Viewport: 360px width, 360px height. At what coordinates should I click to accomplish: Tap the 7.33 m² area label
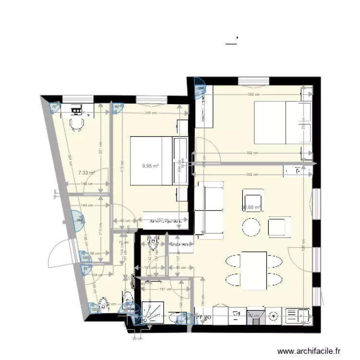(86, 172)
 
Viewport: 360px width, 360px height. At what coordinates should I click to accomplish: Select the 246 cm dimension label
(151, 113)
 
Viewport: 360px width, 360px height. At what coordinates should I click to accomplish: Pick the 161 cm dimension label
(166, 289)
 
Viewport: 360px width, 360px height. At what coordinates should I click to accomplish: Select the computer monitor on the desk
(76, 110)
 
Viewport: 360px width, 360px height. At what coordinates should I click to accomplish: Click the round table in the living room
(251, 227)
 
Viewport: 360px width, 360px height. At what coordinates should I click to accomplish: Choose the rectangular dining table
(254, 270)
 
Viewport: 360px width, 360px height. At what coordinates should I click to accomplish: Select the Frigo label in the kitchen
(203, 317)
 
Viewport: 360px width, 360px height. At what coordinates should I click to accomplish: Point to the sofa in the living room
(209, 210)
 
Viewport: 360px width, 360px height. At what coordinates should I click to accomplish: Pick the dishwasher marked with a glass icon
(237, 315)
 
